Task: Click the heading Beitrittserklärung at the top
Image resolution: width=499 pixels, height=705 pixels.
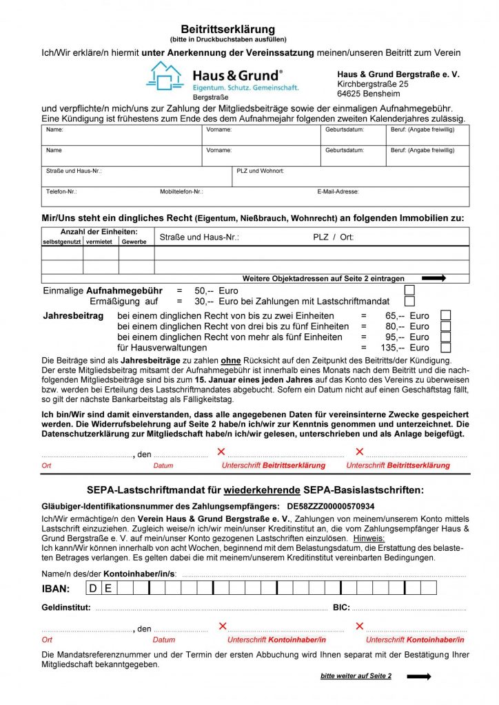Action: point(227,29)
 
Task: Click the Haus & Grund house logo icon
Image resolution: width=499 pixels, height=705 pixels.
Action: point(164,76)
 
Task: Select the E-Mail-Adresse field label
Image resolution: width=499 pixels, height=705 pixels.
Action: point(338,192)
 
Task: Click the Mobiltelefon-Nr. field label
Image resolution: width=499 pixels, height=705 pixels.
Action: point(181,192)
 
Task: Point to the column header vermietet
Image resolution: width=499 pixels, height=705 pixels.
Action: point(101,242)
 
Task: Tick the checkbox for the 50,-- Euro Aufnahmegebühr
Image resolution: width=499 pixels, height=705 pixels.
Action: point(409,290)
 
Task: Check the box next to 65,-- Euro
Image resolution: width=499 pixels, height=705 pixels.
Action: point(445,315)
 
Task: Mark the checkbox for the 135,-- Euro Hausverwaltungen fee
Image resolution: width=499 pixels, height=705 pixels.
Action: point(445,348)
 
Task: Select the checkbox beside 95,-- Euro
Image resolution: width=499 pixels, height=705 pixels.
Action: point(445,337)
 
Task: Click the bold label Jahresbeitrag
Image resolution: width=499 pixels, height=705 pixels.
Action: point(73,315)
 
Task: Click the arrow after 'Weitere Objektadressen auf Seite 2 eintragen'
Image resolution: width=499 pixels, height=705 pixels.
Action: point(434,278)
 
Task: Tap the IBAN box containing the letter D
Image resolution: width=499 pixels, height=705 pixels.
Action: point(93,588)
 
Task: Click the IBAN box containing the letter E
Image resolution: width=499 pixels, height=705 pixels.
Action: point(108,588)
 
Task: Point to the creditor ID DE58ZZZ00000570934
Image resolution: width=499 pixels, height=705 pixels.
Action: point(331,506)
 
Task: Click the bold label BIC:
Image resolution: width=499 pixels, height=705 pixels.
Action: point(341,608)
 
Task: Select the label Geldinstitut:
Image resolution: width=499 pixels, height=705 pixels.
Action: point(66,608)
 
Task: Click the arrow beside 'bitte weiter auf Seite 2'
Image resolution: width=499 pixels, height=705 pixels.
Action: point(418,677)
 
